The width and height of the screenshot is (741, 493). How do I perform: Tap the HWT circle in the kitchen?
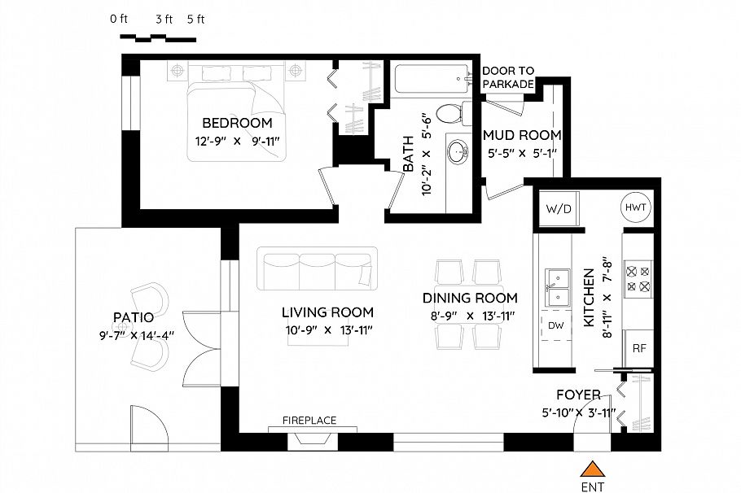[635, 207]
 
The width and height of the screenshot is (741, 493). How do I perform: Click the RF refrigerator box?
[639, 348]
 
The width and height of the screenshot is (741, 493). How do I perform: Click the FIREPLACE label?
[309, 421]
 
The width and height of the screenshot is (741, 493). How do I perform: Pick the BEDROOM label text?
[236, 124]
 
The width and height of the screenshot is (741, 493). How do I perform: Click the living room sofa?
[318, 269]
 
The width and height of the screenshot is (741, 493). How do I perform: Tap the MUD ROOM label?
[521, 135]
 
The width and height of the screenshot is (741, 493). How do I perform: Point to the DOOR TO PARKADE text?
[508, 78]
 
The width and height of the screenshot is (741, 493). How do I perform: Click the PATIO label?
[133, 316]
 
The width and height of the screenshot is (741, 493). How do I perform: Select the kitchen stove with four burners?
[637, 277]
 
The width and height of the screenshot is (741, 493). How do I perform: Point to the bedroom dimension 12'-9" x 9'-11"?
[237, 141]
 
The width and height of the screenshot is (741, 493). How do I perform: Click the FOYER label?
[578, 395]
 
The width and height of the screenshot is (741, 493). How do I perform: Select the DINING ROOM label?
[470, 298]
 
